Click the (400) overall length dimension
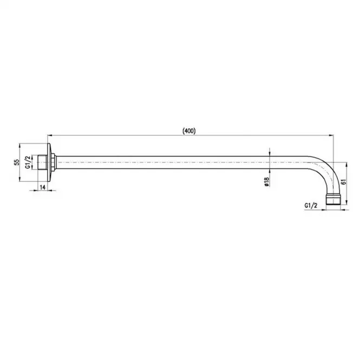click(189, 131)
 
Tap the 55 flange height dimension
click(17, 162)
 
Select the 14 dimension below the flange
click(43, 187)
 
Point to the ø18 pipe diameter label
click(266, 181)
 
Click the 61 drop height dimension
click(343, 181)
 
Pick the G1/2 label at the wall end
click(28, 162)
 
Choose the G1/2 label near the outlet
click(311, 206)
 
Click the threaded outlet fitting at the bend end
click(333, 199)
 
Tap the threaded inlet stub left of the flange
click(42, 162)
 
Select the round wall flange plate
click(49, 162)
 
